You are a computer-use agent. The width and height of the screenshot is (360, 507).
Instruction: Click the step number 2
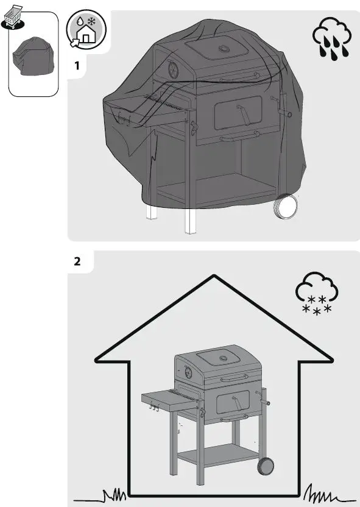(x=77, y=261)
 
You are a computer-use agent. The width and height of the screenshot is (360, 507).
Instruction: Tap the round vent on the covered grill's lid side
(x=174, y=71)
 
